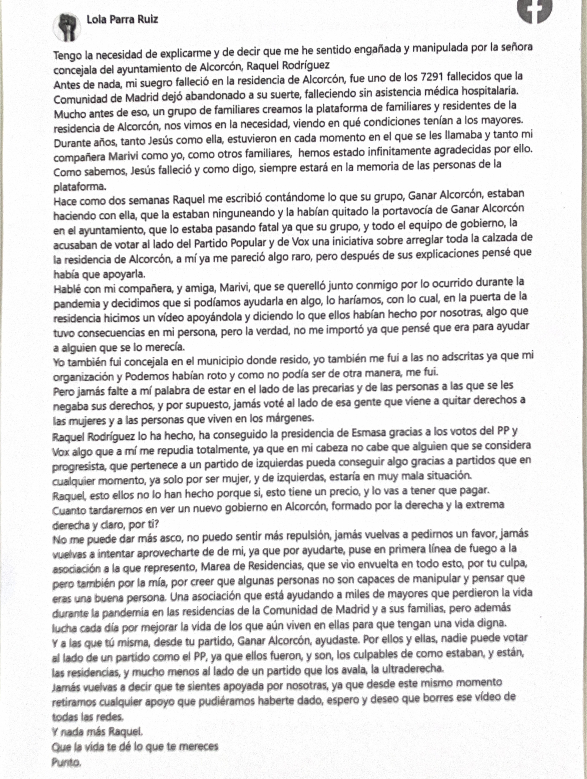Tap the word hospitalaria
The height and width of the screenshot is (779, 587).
pos(485,91)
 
